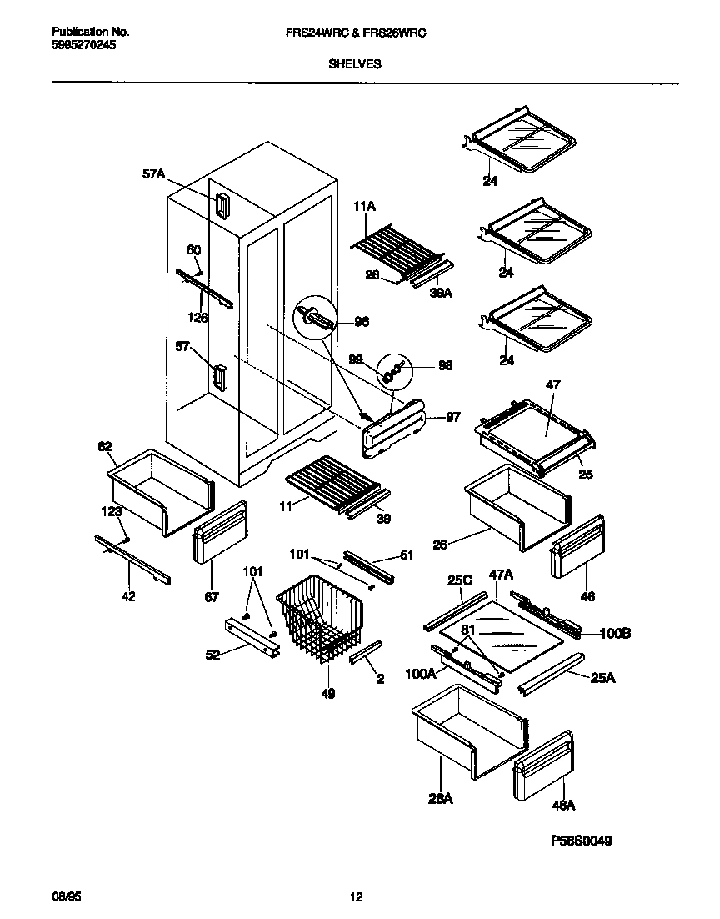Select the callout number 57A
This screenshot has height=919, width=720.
coord(153,174)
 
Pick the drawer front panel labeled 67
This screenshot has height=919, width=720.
coord(221,534)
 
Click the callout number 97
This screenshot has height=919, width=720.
coord(453,418)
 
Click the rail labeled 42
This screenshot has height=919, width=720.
coord(133,559)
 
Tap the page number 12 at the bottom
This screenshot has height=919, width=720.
coord(356,897)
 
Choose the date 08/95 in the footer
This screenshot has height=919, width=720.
coord(66,897)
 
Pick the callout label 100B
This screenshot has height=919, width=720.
coord(615,634)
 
